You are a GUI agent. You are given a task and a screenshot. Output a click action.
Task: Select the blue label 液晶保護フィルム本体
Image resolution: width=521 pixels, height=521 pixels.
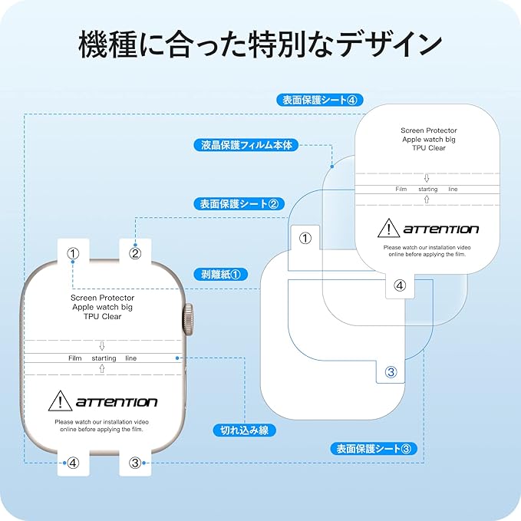(247, 144)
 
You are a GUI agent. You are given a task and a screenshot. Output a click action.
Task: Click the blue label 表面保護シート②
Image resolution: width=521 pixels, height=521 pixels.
(241, 203)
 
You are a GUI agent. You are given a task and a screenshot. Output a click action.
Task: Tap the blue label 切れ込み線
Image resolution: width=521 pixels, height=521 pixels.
(244, 430)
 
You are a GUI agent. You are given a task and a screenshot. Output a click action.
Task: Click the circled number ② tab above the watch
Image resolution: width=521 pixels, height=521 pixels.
(135, 252)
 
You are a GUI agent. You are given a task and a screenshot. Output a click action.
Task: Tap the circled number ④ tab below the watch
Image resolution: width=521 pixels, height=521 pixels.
(73, 463)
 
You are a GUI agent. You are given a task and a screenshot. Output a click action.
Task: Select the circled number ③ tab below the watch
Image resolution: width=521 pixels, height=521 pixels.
(135, 463)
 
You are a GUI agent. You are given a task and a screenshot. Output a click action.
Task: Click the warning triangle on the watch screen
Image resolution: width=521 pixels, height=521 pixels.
(60, 401)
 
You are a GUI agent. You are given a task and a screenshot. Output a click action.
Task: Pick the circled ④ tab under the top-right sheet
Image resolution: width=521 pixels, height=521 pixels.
(400, 285)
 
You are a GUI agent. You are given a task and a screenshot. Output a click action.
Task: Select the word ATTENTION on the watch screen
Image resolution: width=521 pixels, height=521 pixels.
(116, 402)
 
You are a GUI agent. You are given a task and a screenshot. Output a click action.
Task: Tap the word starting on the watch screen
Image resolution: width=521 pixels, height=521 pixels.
(104, 358)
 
